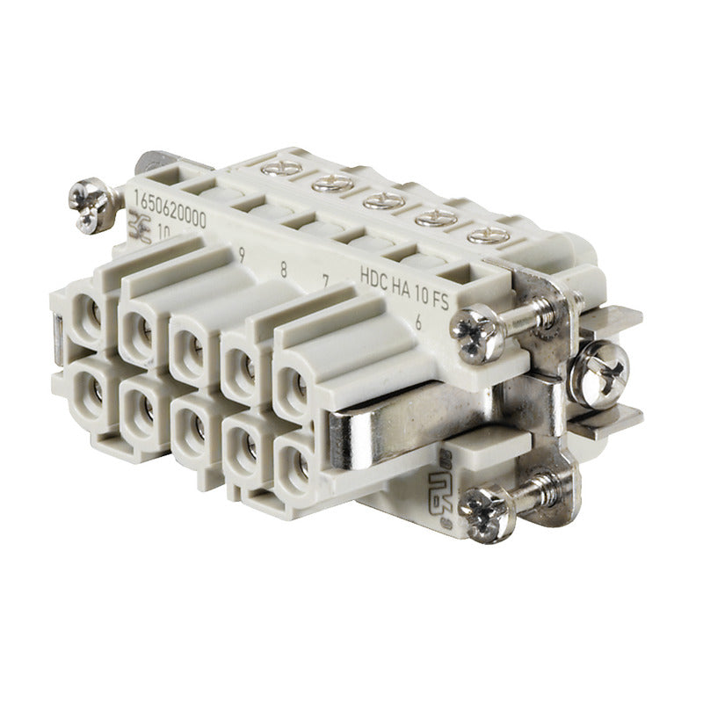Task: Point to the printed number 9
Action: (x=241, y=256)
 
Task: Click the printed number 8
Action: (x=283, y=269)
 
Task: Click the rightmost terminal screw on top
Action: (x=489, y=236)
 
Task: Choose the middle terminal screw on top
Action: (x=384, y=200)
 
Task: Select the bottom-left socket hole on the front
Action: (x=90, y=391)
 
